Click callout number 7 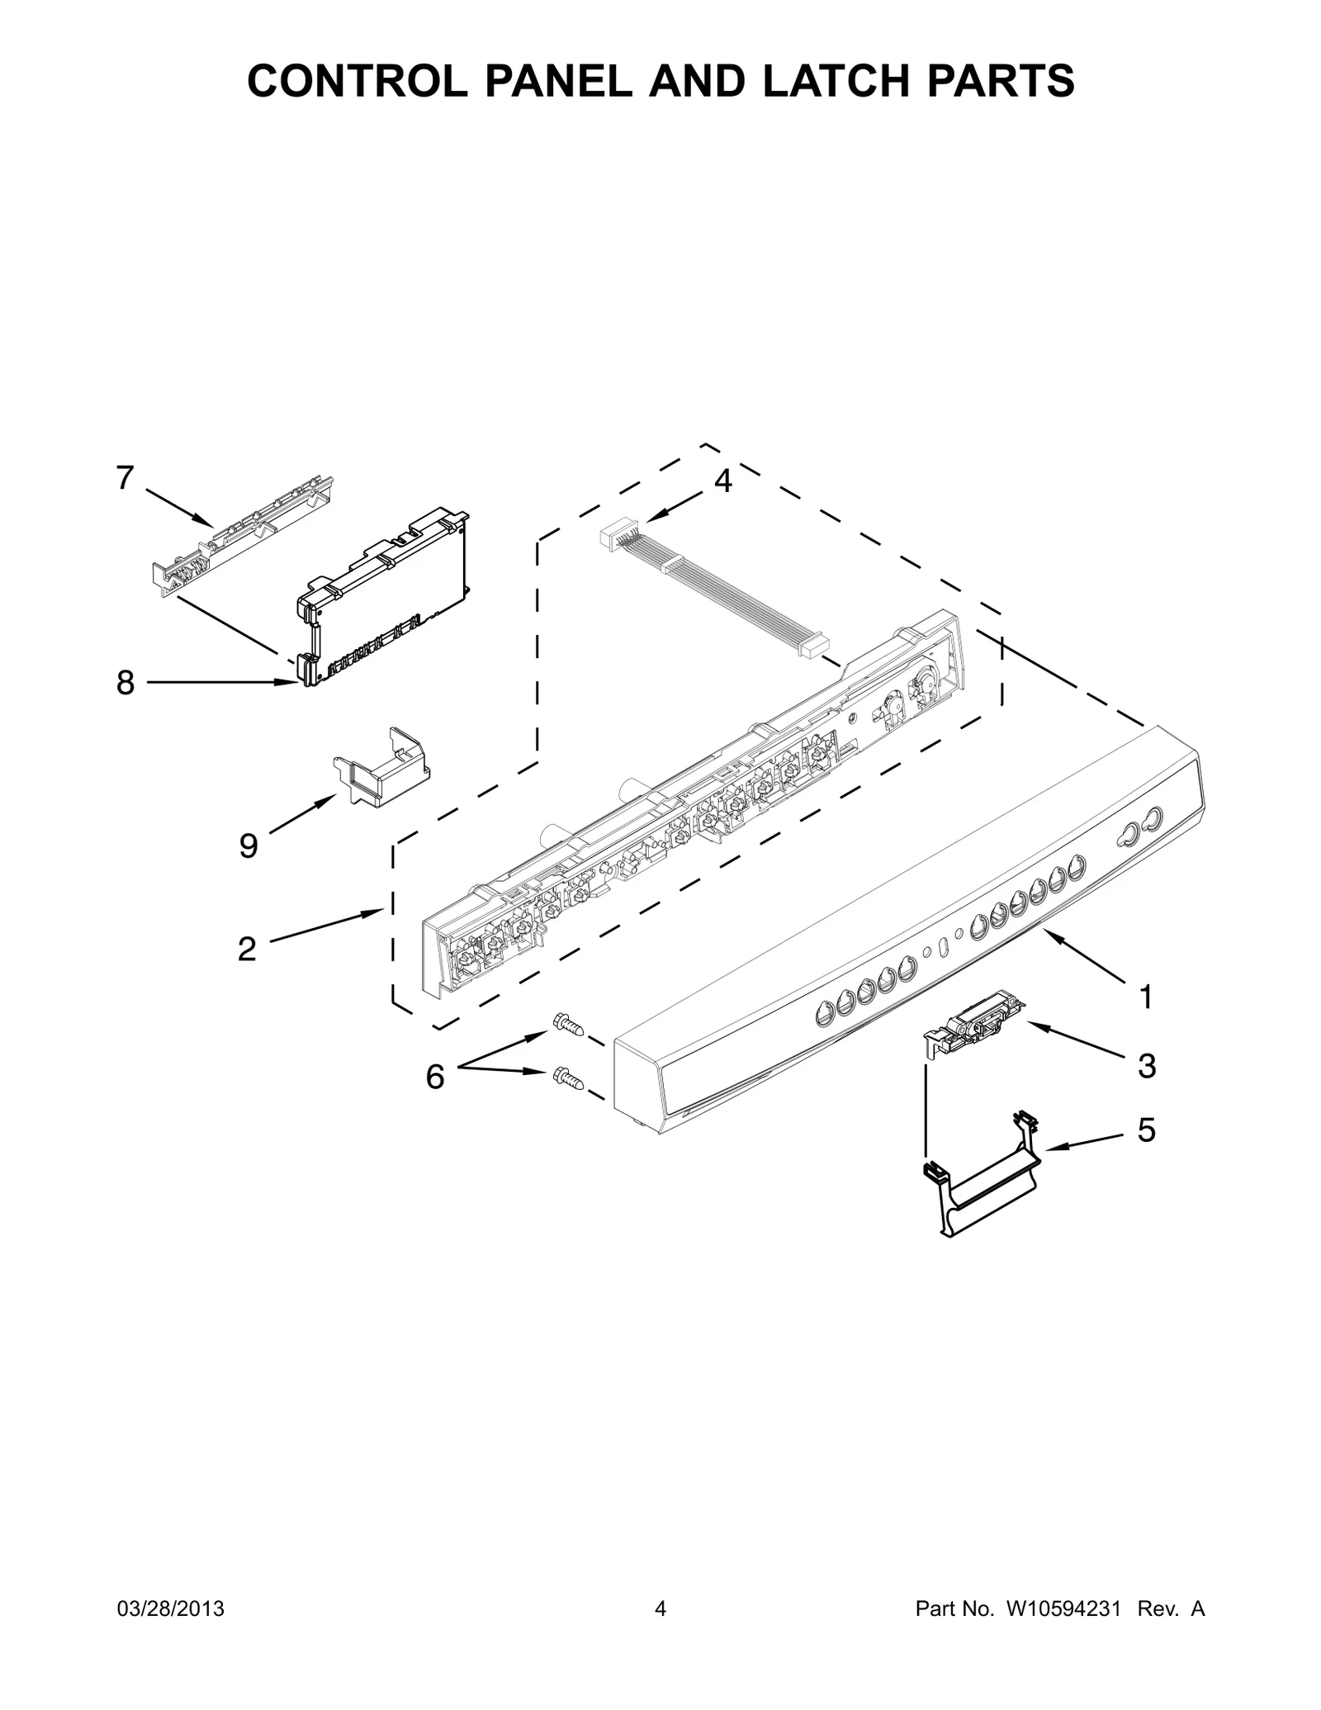(125, 478)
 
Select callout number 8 (125, 683)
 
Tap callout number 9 (248, 846)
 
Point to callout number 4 (722, 481)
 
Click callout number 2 (246, 950)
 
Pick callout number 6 (434, 1077)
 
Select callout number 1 (1145, 997)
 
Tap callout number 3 (1147, 1066)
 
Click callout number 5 (1146, 1130)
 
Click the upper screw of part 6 (569, 1026)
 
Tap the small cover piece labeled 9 (383, 770)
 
